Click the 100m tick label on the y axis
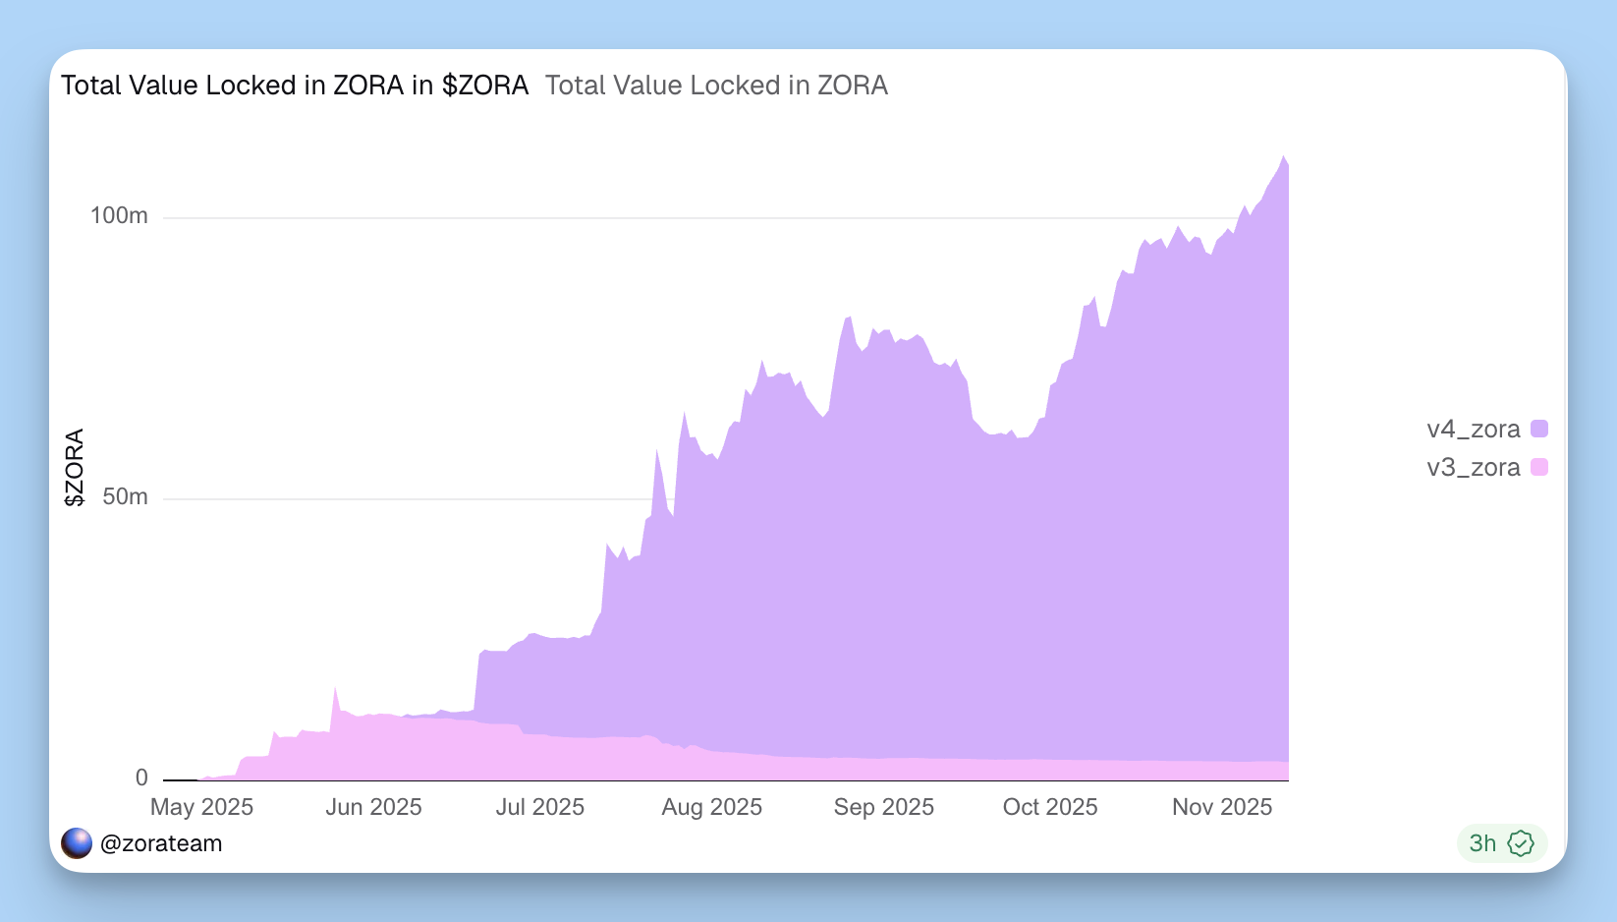119,216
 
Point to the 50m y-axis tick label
125,497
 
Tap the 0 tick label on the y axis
141,778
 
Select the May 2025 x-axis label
201,808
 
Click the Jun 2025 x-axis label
373,808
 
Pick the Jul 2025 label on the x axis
539,808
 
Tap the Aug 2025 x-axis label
711,808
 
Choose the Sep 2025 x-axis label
883,808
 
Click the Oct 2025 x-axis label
1049,808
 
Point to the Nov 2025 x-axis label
1221,808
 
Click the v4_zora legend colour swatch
1539,429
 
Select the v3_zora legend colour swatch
1539,467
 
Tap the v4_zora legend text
1473,430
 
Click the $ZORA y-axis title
74,467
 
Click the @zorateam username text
161,843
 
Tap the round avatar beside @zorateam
77,843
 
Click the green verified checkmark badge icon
1520,843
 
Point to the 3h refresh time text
1482,843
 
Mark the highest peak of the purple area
1283,156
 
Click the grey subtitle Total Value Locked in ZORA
716,86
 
